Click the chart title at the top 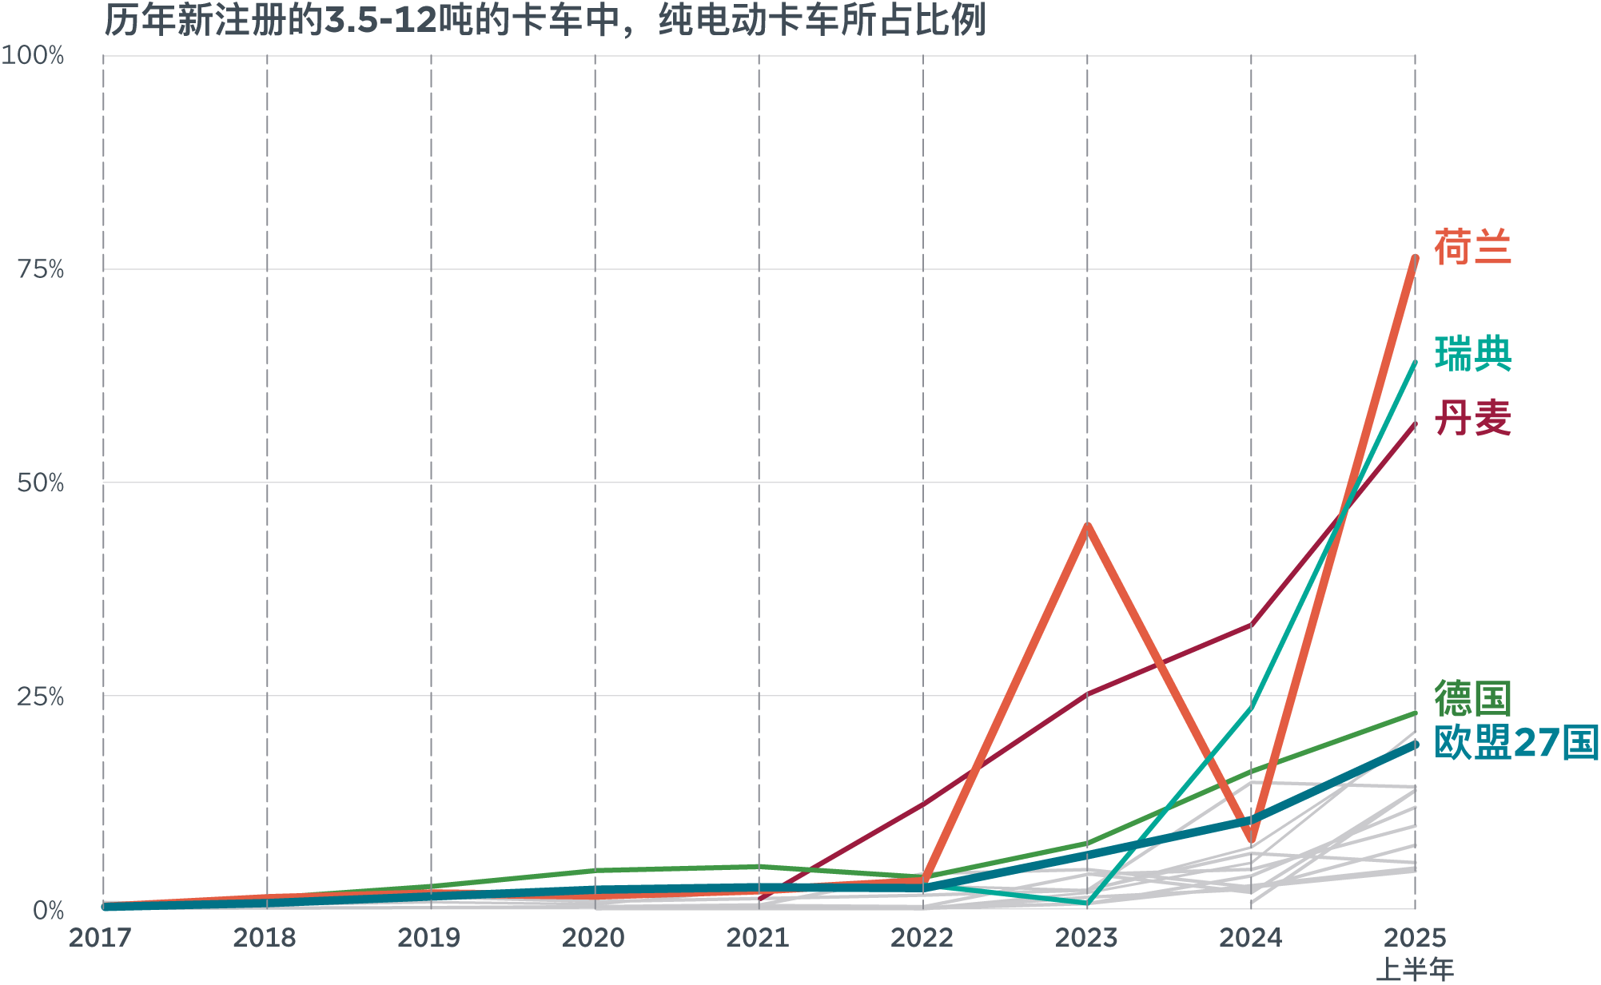(x=544, y=20)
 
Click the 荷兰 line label (x=1472, y=247)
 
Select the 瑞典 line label (x=1472, y=354)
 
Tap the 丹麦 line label (x=1472, y=418)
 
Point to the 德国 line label (x=1472, y=698)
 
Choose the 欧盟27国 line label (x=1515, y=743)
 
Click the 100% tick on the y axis (x=33, y=56)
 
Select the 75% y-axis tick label (x=40, y=269)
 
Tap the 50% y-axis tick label (x=40, y=483)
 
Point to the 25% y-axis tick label (x=40, y=697)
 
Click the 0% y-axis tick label (x=48, y=910)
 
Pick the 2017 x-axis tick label (x=100, y=937)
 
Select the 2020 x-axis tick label (x=593, y=937)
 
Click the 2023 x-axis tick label (x=1086, y=937)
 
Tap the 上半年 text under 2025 (x=1414, y=969)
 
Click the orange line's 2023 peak (x=1087, y=526)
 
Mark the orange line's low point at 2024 (x=1251, y=840)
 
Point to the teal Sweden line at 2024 (x=1251, y=707)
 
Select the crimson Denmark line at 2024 (x=1251, y=625)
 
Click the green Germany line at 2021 (x=759, y=867)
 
